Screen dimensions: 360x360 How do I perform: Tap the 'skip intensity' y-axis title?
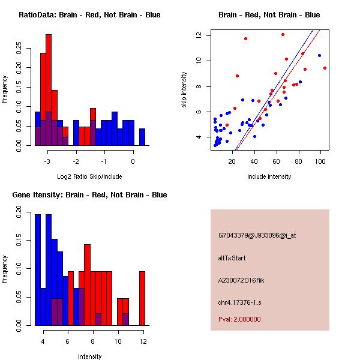185,90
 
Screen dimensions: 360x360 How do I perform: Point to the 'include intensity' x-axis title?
269,176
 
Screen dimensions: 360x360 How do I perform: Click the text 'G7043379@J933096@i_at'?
257,235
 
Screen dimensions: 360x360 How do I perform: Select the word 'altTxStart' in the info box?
232,258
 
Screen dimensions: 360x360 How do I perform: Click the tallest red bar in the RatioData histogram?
49,90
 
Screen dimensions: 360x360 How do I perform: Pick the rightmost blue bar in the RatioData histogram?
142,137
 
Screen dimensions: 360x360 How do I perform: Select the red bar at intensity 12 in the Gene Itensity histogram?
142,298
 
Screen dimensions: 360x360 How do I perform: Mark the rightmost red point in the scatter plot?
325,68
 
